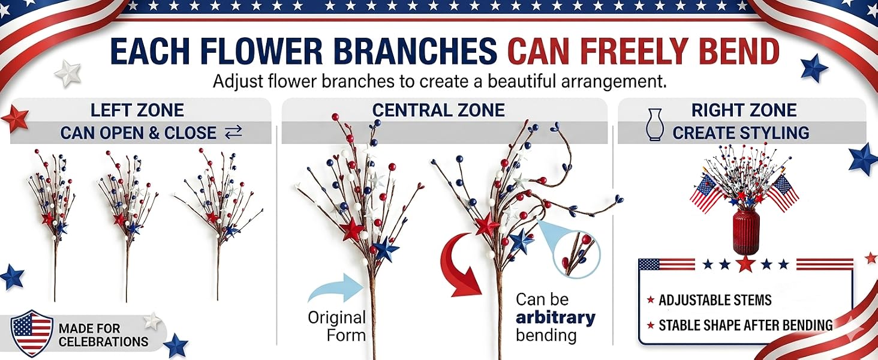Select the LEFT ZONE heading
click(x=137, y=110)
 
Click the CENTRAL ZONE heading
click(x=438, y=110)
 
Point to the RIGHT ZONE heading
click(x=744, y=110)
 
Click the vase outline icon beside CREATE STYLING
click(x=653, y=124)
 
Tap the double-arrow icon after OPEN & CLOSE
click(x=234, y=133)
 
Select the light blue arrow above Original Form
click(x=336, y=288)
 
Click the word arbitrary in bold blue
click(x=555, y=317)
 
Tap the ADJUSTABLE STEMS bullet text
click(x=715, y=301)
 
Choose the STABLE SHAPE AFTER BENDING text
click(x=745, y=325)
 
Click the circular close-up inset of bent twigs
click(x=576, y=254)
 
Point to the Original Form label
click(x=336, y=326)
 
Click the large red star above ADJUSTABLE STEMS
click(x=746, y=265)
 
